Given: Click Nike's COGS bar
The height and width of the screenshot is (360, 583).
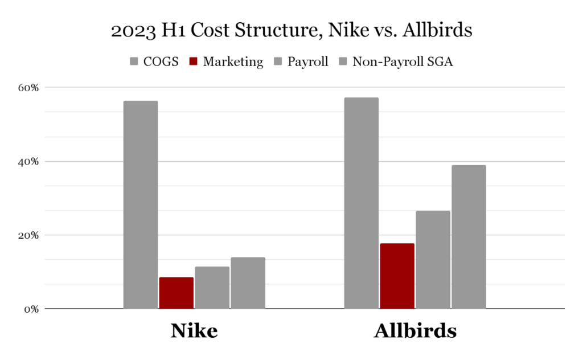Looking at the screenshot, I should click(140, 205).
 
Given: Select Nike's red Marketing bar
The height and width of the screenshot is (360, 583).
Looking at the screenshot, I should click(176, 293).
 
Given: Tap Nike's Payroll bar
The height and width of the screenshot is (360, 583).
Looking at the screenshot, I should click(212, 288).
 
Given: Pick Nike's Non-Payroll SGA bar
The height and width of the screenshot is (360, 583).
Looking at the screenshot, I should click(248, 283).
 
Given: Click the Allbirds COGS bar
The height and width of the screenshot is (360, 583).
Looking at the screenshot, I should click(361, 203).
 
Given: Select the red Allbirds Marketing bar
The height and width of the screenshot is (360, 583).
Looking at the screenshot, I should click(397, 276).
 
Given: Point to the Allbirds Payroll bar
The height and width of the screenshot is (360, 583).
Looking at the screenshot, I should click(433, 260).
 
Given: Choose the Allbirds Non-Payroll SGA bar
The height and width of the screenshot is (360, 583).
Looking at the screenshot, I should click(469, 237).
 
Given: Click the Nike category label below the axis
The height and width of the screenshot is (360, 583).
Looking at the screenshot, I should click(194, 331).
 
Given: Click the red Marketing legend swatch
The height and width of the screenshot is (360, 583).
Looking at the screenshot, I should click(193, 62).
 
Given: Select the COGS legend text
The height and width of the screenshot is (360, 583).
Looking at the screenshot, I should click(162, 62).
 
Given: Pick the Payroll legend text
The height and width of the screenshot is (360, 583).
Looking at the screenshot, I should click(307, 62).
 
